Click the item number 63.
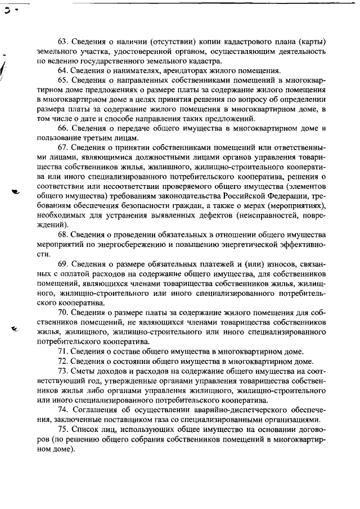tap(64, 42)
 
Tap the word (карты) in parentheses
tap(313, 42)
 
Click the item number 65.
tap(64, 80)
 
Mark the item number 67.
tap(64, 147)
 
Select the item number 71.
tap(64, 351)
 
